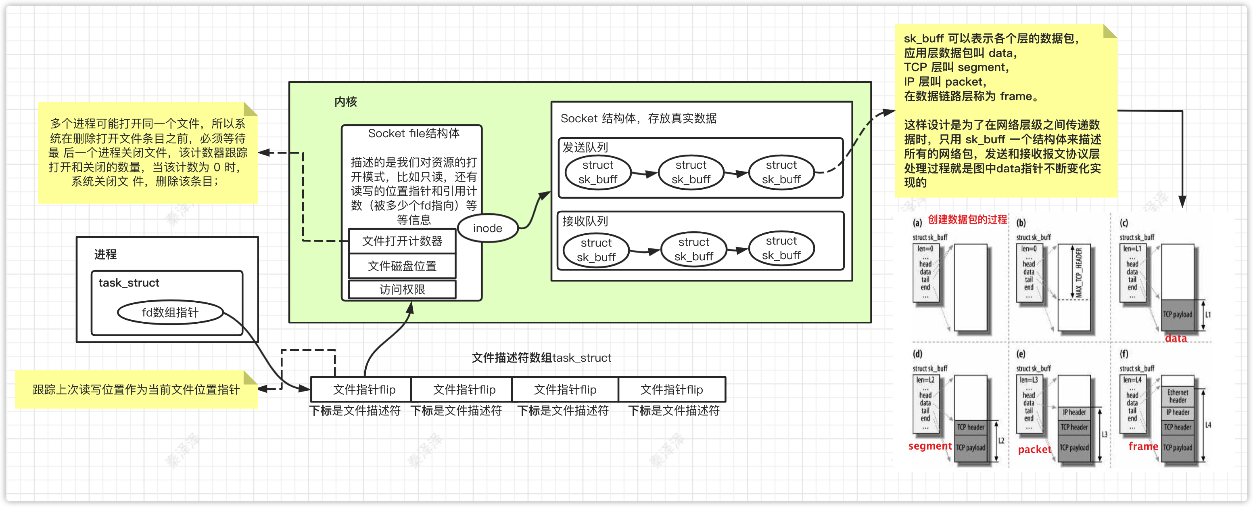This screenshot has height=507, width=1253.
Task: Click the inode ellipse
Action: [x=487, y=228]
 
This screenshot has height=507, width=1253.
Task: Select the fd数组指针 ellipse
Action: [x=170, y=312]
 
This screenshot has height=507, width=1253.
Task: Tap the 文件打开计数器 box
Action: [x=402, y=241]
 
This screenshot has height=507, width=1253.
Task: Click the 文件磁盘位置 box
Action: [x=402, y=266]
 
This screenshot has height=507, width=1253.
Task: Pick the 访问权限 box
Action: [x=402, y=289]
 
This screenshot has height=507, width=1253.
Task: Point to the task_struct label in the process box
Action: [x=129, y=283]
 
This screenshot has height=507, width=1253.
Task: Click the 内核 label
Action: [x=345, y=102]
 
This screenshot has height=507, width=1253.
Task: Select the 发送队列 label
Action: [x=585, y=147]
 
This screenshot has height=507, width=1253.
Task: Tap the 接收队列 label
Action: [x=585, y=221]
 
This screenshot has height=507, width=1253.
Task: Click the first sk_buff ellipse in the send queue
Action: [x=598, y=172]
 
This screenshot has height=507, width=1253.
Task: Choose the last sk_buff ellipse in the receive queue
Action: [x=781, y=248]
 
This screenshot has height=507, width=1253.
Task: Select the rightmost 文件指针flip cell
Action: [x=672, y=389]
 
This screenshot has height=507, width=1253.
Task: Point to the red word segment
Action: [x=929, y=446]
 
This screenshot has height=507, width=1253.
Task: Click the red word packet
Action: [x=1034, y=450]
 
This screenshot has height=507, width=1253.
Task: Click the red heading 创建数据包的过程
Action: [x=967, y=220]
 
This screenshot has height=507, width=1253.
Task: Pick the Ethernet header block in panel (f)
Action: [x=1178, y=396]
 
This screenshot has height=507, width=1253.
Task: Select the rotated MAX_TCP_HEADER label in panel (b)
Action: [x=1079, y=272]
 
